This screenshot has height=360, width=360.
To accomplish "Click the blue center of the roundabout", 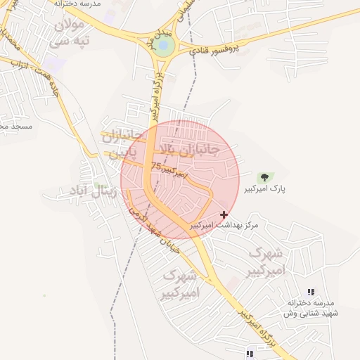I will [164, 47].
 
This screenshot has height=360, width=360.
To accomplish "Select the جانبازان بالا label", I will [189, 150].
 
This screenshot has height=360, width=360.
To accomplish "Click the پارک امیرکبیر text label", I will [265, 190].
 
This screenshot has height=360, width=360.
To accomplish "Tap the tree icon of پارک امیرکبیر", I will [264, 178].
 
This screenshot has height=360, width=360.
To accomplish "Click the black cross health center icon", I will [224, 214].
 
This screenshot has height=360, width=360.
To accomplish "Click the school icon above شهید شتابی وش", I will [311, 292].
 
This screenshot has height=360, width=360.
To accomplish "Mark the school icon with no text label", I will [249, 354].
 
